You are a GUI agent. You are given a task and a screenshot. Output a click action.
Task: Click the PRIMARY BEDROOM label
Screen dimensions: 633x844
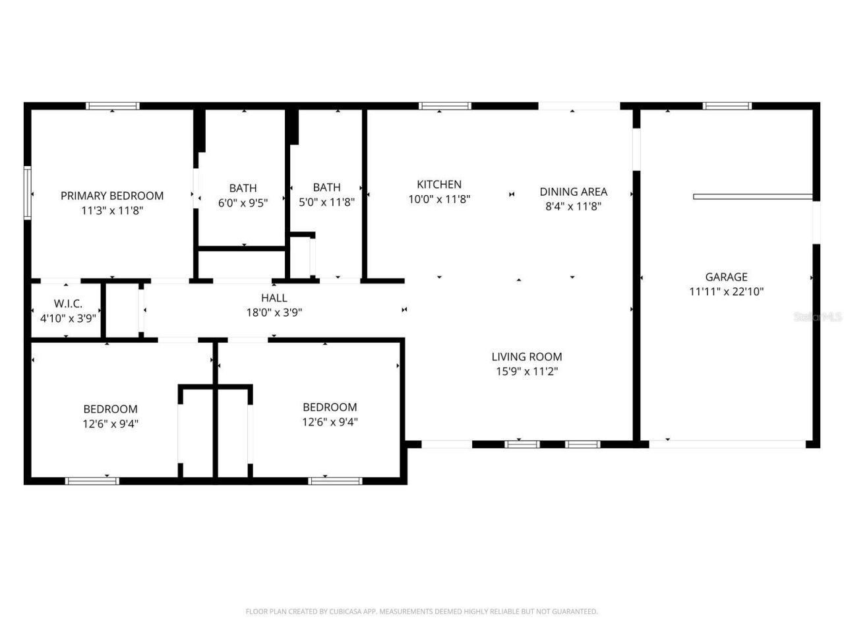coord(112,196)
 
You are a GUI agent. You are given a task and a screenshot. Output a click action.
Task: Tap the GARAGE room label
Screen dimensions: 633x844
coord(726,277)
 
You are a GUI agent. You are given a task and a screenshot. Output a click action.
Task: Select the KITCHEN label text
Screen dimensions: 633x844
coord(439,185)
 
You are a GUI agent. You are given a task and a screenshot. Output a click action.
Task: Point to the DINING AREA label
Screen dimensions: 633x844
coord(573,192)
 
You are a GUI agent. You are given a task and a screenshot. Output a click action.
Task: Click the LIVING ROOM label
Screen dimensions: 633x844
coord(527,357)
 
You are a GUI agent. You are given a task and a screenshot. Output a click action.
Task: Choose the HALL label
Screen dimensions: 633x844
coord(274,298)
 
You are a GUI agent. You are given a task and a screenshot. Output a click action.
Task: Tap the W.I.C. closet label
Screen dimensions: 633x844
coord(68,303)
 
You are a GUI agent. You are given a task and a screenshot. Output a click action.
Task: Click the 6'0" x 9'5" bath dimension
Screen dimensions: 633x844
coord(243,203)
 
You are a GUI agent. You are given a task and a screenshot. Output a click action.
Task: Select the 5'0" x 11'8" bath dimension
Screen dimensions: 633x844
coord(326,203)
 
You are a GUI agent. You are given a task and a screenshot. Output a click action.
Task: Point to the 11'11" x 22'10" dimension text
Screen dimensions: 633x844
coord(726,291)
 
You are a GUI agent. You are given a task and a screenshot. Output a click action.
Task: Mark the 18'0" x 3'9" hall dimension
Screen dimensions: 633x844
coord(274,313)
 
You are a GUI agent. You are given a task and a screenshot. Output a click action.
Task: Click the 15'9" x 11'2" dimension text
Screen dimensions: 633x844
coord(527,371)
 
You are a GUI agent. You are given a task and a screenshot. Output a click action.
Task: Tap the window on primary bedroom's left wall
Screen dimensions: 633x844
coord(28,192)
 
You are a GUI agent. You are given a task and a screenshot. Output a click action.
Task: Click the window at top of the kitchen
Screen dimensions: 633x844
coord(445,105)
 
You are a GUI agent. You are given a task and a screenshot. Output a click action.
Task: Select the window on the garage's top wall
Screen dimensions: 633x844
coord(727,105)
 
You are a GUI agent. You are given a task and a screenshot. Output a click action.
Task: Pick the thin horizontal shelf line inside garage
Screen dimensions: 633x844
coord(752,196)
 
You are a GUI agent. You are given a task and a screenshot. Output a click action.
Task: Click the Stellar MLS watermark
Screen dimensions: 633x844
coord(818,317)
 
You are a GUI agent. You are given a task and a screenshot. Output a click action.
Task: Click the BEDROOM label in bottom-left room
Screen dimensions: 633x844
coord(110,409)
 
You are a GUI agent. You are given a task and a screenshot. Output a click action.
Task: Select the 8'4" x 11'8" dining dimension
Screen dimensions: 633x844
coord(573,206)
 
